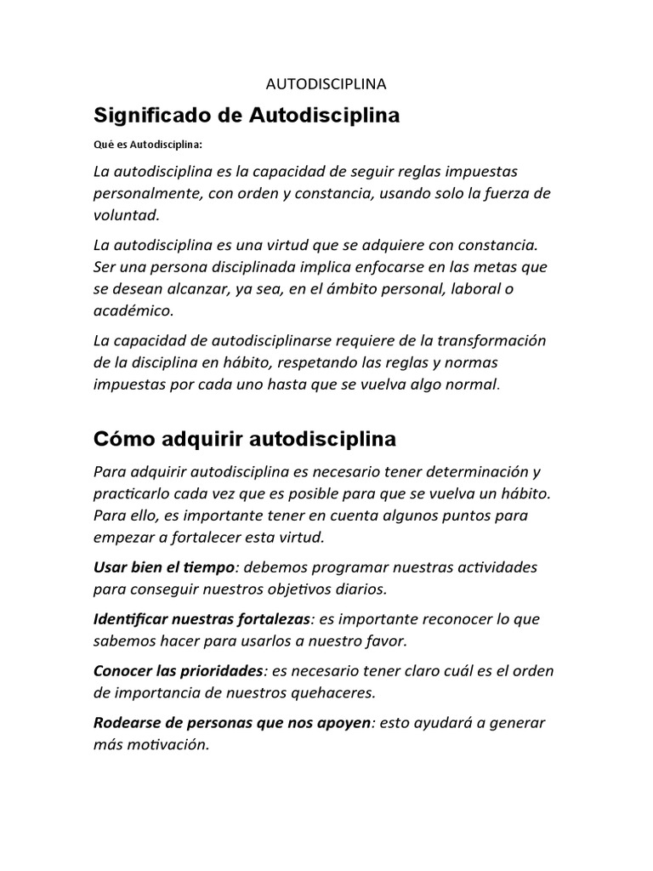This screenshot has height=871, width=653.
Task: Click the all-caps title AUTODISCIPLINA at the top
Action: [x=326, y=84]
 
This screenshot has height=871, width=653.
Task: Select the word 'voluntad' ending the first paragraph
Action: [x=125, y=216]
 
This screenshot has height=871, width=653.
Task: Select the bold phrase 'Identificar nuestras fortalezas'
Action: [x=202, y=618]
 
